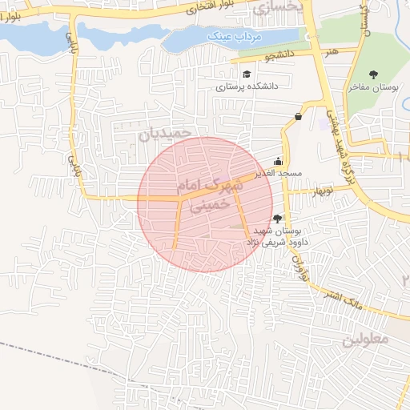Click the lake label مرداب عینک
(230, 36)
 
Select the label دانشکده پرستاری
(247, 87)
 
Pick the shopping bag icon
(299, 116)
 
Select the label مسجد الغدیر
(278, 173)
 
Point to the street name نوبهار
(322, 191)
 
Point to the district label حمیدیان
(167, 133)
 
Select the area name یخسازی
(279, 8)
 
